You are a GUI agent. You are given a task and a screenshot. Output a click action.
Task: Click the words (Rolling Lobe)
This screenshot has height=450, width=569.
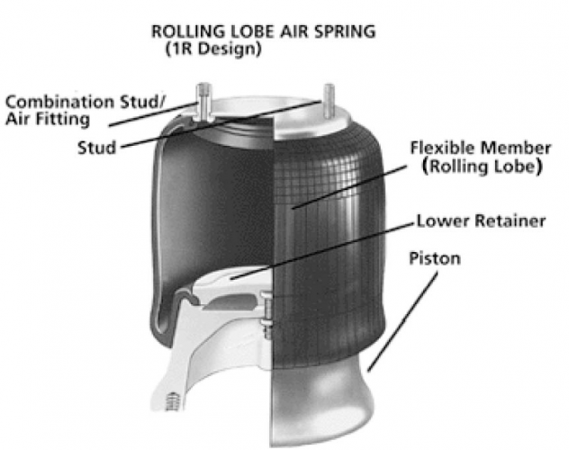[x=473, y=166]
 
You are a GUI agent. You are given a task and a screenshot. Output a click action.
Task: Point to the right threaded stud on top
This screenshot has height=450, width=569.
[x=329, y=101]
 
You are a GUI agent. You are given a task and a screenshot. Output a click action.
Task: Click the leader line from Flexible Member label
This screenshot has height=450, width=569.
[x=347, y=181]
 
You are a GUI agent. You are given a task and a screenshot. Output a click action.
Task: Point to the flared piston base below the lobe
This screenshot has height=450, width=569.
[x=324, y=405]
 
